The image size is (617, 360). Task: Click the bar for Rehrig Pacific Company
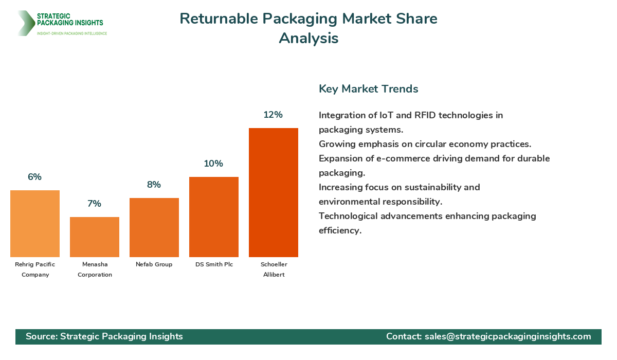point(35,224)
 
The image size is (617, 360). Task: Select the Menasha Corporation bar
point(95,237)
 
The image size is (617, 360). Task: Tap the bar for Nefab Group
point(154,227)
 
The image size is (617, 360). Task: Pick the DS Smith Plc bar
point(214,217)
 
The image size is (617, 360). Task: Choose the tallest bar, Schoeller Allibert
point(274,192)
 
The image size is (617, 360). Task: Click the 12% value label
point(273,115)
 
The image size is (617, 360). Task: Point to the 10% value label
point(213,164)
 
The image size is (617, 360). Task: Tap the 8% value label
point(154,185)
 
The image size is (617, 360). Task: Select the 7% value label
point(94,204)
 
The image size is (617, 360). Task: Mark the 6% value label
point(34,177)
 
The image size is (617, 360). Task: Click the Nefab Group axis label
point(154,264)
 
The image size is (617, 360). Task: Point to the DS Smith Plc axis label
point(214,264)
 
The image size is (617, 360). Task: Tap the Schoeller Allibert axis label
point(274,269)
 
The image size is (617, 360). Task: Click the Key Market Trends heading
point(368,88)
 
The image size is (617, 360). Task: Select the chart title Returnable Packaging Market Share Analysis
point(308,28)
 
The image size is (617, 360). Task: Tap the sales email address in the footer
point(507,336)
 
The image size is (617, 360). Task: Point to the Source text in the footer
point(104,336)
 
